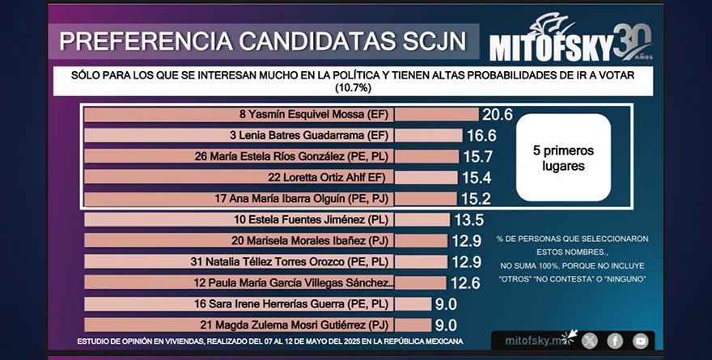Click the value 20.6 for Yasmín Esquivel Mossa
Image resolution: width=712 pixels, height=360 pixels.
coord(498,115)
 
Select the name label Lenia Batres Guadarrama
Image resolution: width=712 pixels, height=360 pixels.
coord(311,136)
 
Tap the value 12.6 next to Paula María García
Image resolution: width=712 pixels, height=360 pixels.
coord(464,283)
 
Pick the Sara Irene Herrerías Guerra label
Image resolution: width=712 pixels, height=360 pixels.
coord(310,304)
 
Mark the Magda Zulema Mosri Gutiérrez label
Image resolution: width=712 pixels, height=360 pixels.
coord(311,325)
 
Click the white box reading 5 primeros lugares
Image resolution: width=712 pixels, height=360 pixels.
coord(562,157)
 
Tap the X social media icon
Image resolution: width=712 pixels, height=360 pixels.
coord(589,341)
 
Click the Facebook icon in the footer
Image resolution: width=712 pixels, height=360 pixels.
coord(615,341)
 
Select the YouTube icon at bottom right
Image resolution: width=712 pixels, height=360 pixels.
coord(641,341)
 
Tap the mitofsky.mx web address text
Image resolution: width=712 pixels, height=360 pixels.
coord(532,341)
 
